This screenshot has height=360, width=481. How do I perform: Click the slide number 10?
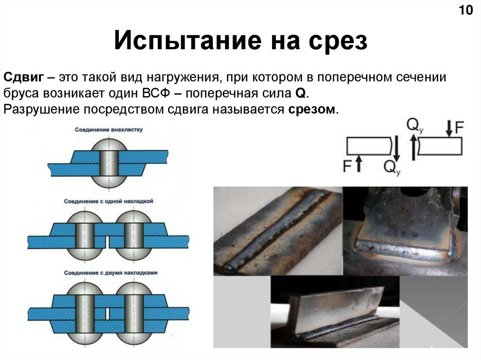[465, 10]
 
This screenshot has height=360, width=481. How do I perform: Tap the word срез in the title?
[338, 41]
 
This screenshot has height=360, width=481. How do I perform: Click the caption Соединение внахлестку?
[109, 129]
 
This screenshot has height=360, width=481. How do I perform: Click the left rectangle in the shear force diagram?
[369, 146]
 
